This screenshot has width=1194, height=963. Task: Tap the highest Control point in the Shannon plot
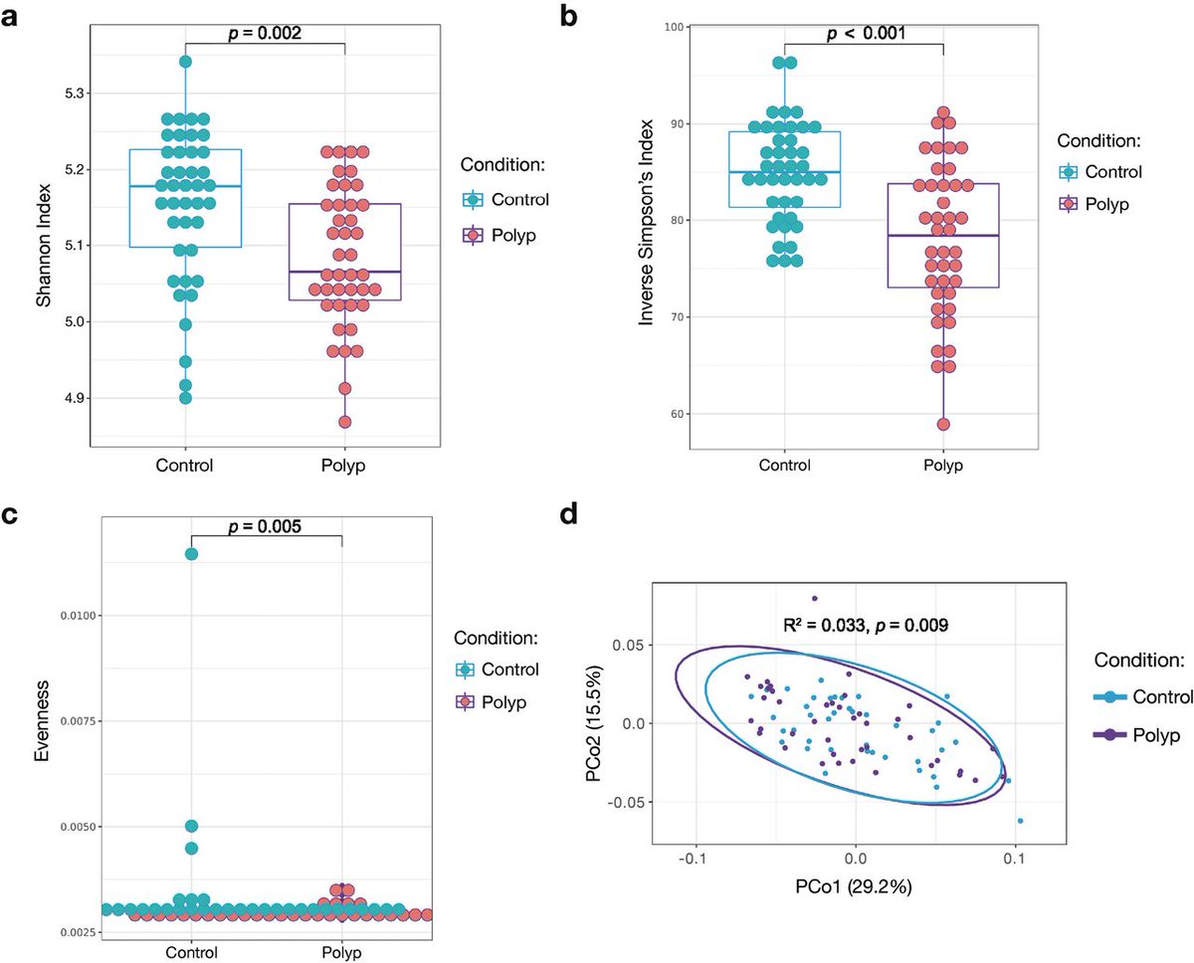tap(185, 62)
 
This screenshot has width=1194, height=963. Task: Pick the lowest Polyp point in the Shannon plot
tap(344, 422)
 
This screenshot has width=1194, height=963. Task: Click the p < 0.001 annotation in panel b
tap(863, 33)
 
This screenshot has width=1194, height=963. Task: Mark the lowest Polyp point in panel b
tap(943, 425)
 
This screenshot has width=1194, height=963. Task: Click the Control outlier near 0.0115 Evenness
tap(191, 554)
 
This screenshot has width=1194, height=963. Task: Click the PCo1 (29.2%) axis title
tap(855, 878)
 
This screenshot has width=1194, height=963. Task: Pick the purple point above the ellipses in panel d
tap(815, 599)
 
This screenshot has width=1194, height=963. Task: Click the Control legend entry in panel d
tap(1154, 697)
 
